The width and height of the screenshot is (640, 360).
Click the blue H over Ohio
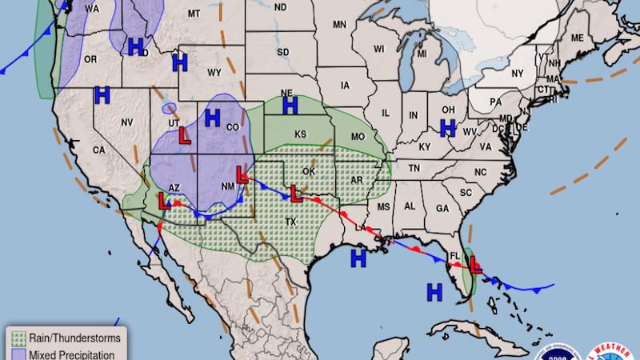click(x=448, y=127)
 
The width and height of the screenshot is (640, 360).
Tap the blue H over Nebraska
click(x=290, y=105)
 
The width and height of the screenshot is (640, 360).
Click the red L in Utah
click(x=185, y=136)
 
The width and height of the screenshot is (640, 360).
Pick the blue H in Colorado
click(x=212, y=118)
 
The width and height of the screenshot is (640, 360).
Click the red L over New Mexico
click(x=243, y=174)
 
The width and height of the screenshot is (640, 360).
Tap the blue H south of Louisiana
click(x=358, y=258)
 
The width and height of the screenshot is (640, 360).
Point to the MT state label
click(x=194, y=14)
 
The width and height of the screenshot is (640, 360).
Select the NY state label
click(x=517, y=73)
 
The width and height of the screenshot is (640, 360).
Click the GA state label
click(x=442, y=207)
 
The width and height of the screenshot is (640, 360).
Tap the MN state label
click(x=339, y=25)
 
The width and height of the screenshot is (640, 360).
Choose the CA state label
click(x=99, y=150)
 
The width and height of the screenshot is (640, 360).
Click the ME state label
click(x=577, y=38)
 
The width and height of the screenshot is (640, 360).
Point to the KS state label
click(x=301, y=134)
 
